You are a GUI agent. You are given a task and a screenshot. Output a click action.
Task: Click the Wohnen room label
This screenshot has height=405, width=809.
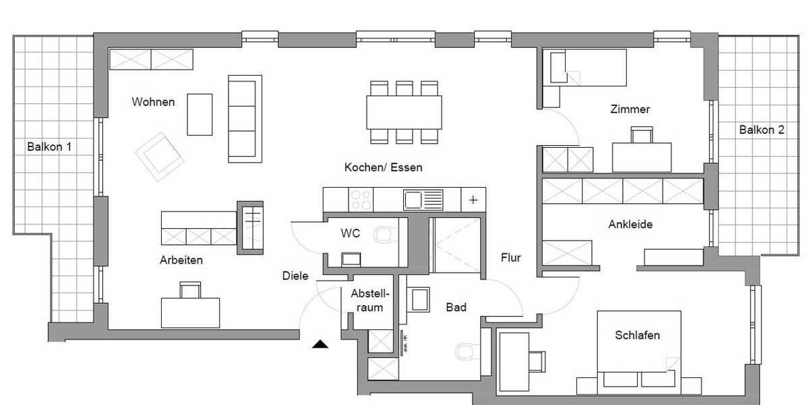click(153, 102)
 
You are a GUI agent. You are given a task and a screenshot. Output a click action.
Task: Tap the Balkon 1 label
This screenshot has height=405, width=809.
click(49, 146)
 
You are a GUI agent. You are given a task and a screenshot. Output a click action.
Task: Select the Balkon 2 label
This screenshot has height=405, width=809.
click(761, 130)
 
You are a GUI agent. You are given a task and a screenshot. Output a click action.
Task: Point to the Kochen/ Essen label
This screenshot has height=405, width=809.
click(383, 167)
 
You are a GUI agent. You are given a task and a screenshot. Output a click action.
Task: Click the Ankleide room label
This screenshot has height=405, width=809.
click(630, 224)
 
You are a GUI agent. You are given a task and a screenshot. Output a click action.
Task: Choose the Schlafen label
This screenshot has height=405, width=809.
click(636, 335)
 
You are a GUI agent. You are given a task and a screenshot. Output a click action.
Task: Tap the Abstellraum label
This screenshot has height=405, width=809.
click(367, 300)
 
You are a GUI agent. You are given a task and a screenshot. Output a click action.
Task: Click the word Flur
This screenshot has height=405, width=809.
click(510, 257)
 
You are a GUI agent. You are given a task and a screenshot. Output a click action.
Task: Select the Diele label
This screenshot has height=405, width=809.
click(295, 275)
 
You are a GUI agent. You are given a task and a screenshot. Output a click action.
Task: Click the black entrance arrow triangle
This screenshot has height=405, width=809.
click(320, 345)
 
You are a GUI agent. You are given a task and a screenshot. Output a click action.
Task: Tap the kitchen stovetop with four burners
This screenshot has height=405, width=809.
click(361, 199)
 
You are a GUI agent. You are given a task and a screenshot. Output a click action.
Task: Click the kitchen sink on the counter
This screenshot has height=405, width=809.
click(423, 199)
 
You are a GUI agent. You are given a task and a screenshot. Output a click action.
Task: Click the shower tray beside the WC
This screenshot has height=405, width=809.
click(456, 246)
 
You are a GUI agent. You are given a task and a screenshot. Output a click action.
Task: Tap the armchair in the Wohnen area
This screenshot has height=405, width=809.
click(160, 156)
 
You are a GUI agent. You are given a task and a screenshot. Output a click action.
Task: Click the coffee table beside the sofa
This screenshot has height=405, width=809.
click(200, 114)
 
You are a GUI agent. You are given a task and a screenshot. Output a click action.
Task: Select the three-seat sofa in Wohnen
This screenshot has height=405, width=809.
click(245, 118)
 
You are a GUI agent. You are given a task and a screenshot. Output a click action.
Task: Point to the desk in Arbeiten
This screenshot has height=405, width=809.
click(191, 312)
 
